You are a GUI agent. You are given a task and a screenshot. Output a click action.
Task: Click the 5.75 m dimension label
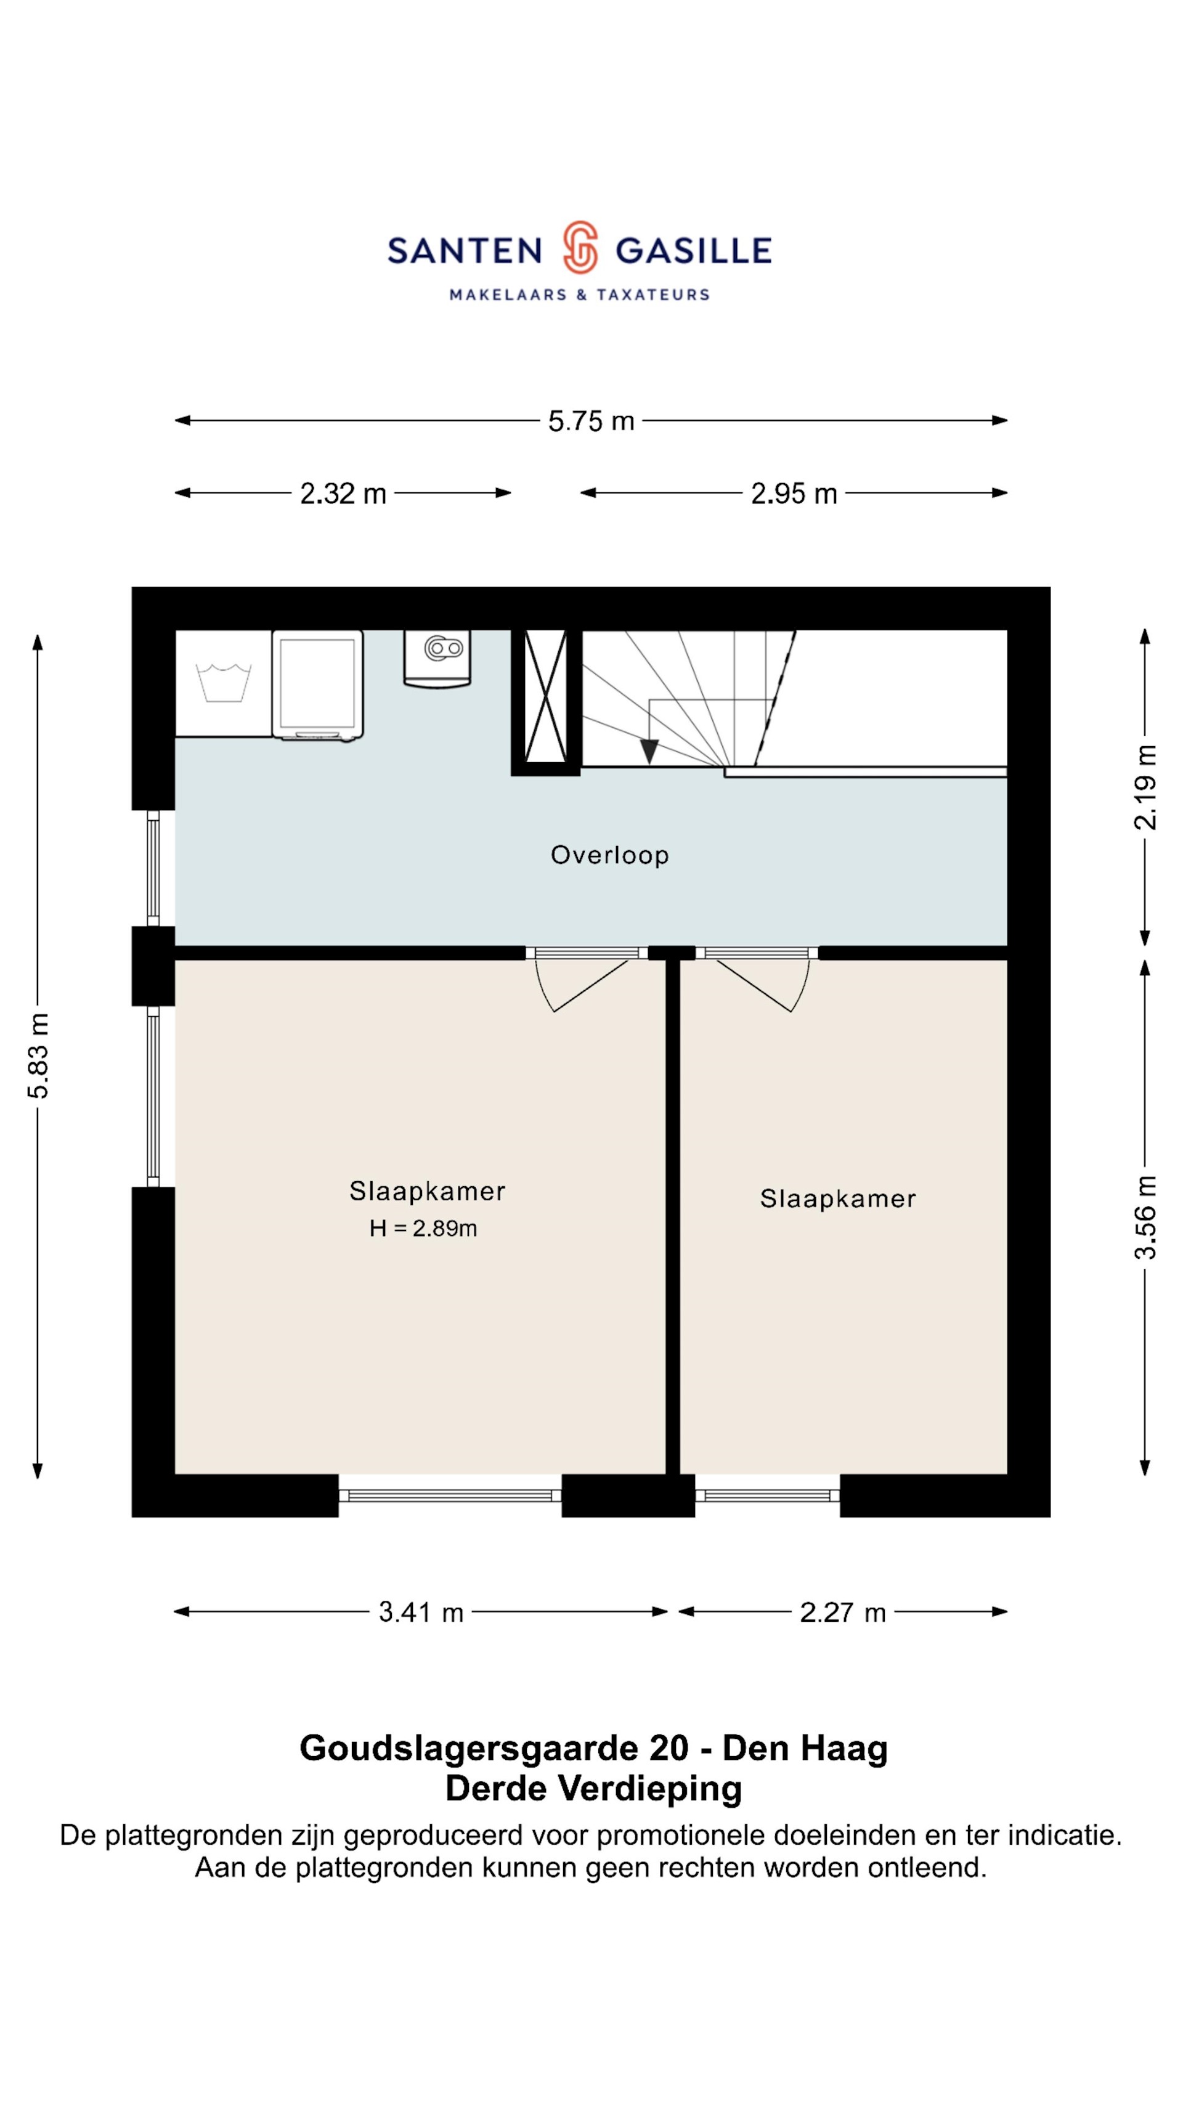(591, 421)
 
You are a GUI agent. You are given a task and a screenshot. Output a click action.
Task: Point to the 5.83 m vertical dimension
(38, 1056)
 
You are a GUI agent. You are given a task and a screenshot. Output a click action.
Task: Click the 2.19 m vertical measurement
(1145, 787)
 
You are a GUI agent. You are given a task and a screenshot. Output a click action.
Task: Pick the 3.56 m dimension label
(1145, 1217)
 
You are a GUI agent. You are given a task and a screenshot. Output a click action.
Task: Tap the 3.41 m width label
(421, 1613)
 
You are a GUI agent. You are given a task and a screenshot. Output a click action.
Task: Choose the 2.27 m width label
(842, 1613)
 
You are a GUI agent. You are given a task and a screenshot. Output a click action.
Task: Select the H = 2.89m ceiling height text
(423, 1228)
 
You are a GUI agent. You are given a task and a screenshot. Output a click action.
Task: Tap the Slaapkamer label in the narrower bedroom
(838, 1198)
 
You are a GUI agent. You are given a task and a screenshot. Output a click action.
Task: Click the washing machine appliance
(317, 686)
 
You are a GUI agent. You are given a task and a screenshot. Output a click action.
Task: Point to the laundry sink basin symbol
(223, 683)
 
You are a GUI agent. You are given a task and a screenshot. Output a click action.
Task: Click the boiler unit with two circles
(437, 658)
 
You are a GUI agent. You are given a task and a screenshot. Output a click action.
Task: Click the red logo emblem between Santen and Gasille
(580, 246)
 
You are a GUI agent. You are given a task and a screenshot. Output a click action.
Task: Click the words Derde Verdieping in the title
(593, 1788)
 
